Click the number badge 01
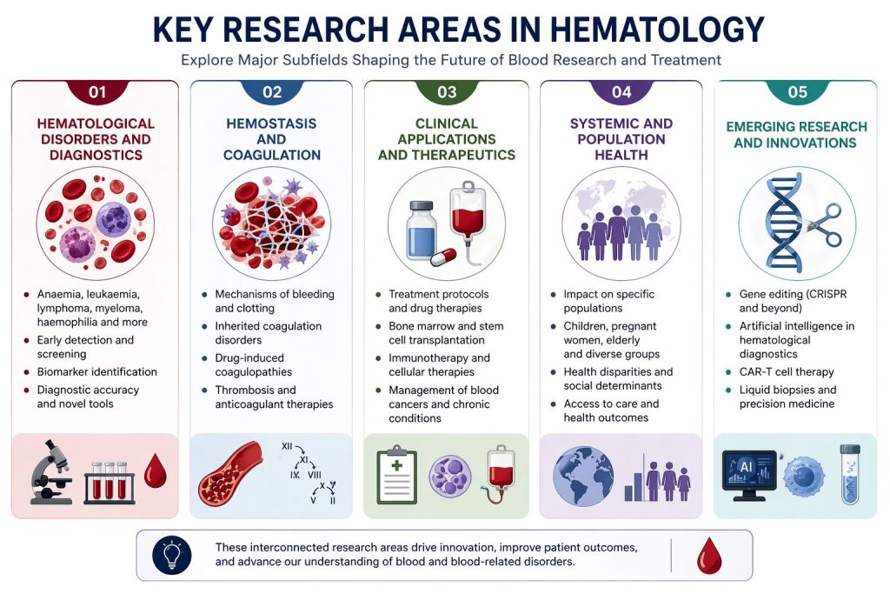click(x=97, y=91)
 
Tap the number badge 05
click(x=798, y=91)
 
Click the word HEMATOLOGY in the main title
click(x=657, y=30)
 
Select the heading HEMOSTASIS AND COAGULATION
click(x=271, y=139)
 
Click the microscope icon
click(x=51, y=471)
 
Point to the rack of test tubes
click(x=110, y=483)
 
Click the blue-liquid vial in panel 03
click(x=422, y=230)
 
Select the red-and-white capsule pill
click(x=443, y=257)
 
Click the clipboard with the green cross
click(x=396, y=475)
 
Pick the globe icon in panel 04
click(x=583, y=476)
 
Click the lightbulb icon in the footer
click(x=172, y=555)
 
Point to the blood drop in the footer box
click(x=709, y=556)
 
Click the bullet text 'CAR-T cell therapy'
click(x=786, y=372)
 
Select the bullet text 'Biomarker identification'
click(x=97, y=372)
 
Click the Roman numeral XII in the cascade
click(x=287, y=446)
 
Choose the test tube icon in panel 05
click(x=850, y=475)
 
